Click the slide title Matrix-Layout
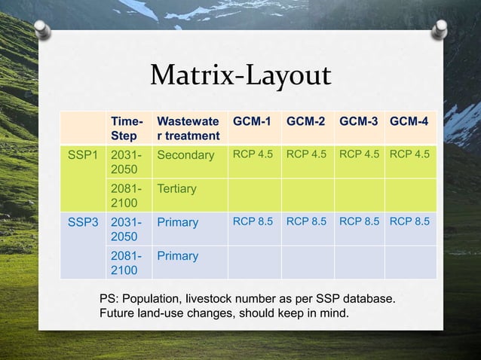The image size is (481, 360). click(240, 75)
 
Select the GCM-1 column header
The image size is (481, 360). click(253, 121)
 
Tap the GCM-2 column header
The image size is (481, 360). click(306, 121)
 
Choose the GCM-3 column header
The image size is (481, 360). click(359, 121)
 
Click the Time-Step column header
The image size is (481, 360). click(125, 128)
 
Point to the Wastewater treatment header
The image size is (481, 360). click(188, 128)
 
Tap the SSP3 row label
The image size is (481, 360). click(84, 223)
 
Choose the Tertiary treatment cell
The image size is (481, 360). click(176, 189)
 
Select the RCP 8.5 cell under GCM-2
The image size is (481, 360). click(306, 223)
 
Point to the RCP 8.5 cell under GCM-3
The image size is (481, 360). click(359, 223)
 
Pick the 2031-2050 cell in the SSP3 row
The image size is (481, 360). click(125, 230)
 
